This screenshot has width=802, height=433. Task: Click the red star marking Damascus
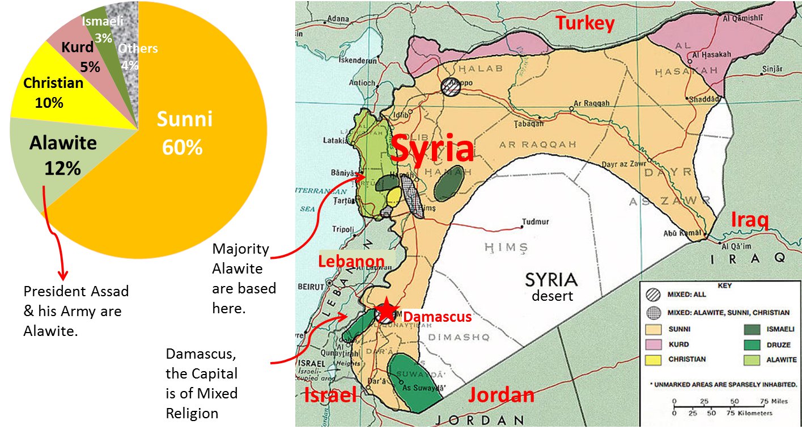386,310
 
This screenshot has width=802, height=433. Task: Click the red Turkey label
585,24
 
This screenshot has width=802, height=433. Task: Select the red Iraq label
749,220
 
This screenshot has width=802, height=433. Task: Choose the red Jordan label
500,395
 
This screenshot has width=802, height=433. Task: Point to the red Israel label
331,395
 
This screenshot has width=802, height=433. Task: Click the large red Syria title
432,149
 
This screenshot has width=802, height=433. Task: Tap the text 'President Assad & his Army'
76,301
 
